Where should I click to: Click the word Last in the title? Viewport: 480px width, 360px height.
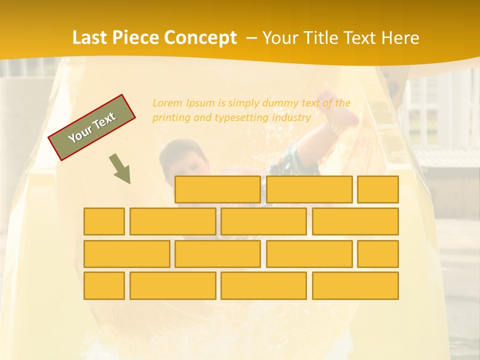[x=90, y=37]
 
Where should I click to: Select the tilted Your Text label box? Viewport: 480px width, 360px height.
[x=92, y=127]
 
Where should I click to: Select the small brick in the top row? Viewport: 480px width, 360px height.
[x=378, y=189]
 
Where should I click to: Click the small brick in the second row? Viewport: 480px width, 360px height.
[x=104, y=221]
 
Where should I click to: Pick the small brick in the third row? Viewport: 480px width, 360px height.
[x=378, y=253]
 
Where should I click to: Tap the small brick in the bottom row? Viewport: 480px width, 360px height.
[x=104, y=285]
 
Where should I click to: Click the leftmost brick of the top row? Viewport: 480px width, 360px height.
[x=217, y=189]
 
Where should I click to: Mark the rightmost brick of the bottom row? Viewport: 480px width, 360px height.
[x=355, y=285]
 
